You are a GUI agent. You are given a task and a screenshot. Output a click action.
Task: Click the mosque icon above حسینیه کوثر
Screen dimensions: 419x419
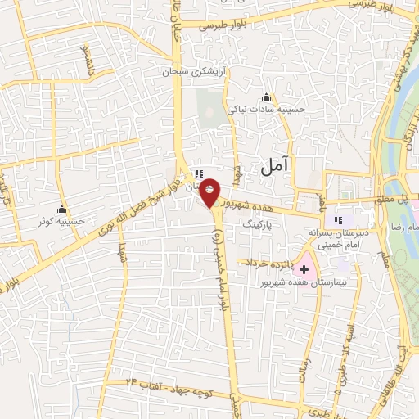61,208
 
